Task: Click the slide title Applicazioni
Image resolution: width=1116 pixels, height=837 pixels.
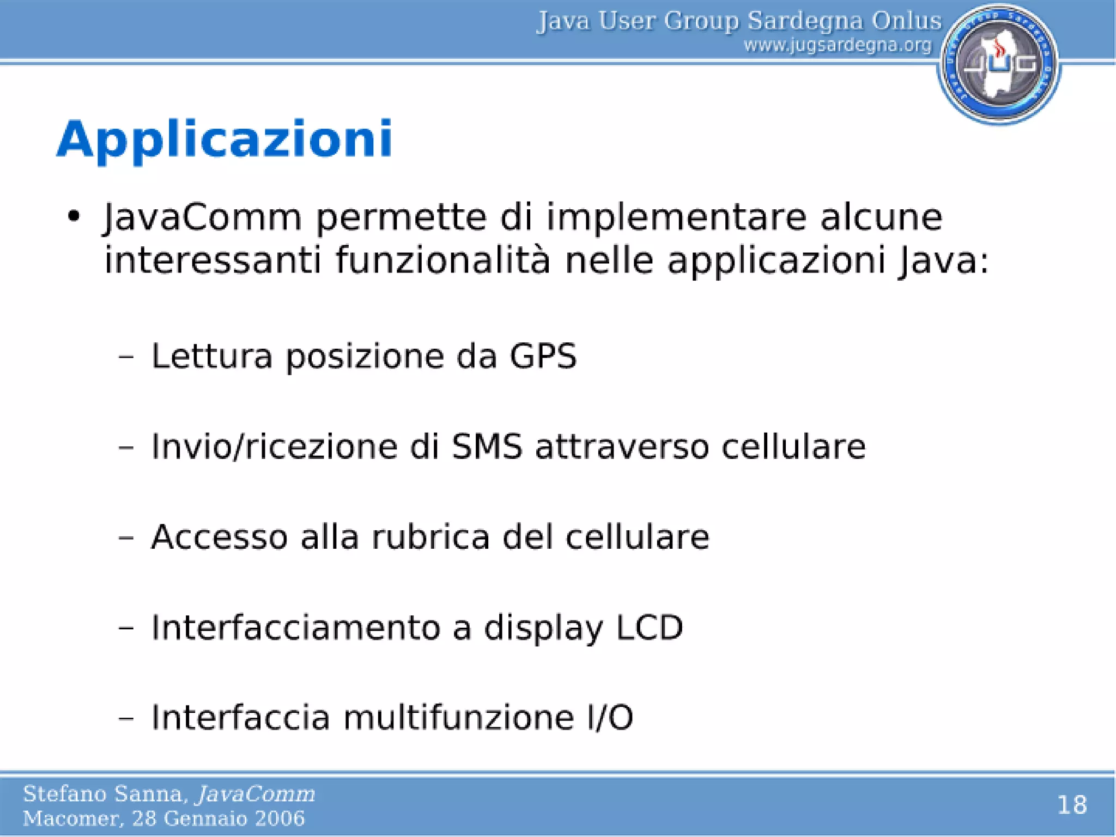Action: [x=225, y=139]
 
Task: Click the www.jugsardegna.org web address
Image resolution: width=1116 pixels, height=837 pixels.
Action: [x=838, y=45]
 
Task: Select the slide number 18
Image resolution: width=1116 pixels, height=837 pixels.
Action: [x=1071, y=805]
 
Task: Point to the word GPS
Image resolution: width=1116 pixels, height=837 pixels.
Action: [x=543, y=356]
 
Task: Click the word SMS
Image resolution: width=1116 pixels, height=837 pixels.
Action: [x=487, y=447]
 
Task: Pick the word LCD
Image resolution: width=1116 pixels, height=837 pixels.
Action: [x=649, y=627]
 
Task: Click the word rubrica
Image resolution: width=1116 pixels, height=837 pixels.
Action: [x=430, y=537]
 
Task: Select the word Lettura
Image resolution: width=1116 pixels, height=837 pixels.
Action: [x=211, y=356]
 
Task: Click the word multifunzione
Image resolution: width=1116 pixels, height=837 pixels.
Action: [x=458, y=717]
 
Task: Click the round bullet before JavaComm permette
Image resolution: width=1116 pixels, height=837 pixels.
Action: [x=74, y=217]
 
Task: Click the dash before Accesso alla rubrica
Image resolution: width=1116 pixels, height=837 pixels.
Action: [x=126, y=538]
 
